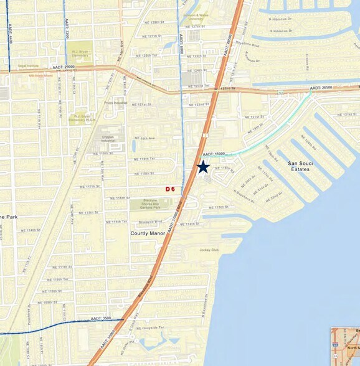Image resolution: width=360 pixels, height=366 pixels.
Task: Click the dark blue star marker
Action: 202,167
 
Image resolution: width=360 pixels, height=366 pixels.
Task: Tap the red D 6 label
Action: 169,189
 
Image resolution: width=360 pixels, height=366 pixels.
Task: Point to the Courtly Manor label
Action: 148,233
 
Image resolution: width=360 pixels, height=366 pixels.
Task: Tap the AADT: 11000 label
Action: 214,153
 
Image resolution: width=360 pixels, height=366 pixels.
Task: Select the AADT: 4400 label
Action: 11,33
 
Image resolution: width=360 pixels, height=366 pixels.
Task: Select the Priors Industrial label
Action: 116,102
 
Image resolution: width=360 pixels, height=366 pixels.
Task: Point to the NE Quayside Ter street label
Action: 153,327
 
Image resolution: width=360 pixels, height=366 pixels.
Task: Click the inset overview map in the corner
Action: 345,346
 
